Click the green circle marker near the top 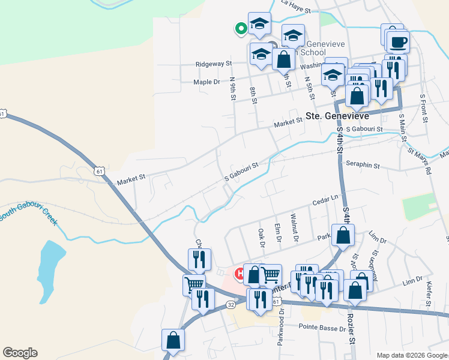pyautogui.click(x=241, y=28)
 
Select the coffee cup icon pyautogui.click(x=397, y=42)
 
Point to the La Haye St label pyautogui.click(x=295, y=10)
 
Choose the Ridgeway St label pyautogui.click(x=213, y=64)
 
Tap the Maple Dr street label pyautogui.click(x=207, y=82)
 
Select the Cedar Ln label pyautogui.click(x=325, y=200)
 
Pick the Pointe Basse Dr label pyautogui.click(x=321, y=328)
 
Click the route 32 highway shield pyautogui.click(x=231, y=304)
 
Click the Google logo pyautogui.click(x=20, y=353)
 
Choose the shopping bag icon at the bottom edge pyautogui.click(x=173, y=340)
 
